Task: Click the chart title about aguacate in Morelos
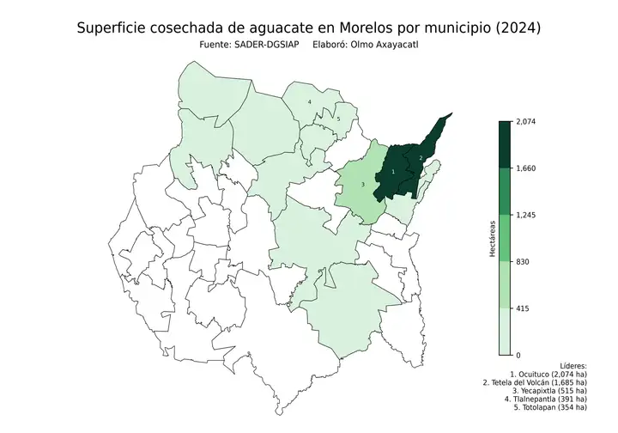(309, 28)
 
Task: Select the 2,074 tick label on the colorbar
(525, 122)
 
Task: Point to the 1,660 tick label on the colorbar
(525, 168)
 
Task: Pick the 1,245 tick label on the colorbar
(525, 215)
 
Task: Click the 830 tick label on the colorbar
(522, 261)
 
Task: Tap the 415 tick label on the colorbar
(522, 308)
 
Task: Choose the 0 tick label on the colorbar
(517, 354)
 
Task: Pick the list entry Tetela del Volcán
(535, 382)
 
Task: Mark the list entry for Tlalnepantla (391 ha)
(545, 399)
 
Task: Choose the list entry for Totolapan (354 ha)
(549, 407)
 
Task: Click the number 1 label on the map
(393, 172)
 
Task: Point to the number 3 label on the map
(363, 184)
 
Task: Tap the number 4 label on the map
(309, 102)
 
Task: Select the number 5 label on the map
(338, 119)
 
